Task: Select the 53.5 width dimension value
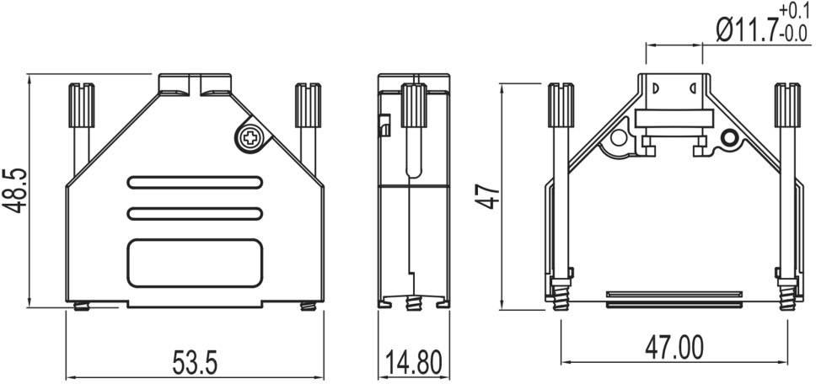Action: (195, 364)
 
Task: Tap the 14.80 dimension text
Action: (413, 364)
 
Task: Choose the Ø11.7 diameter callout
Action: (745, 31)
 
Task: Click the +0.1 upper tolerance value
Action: (794, 10)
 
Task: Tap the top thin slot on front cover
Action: (195, 181)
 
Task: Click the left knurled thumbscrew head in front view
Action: (80, 104)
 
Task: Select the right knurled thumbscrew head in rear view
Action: (786, 104)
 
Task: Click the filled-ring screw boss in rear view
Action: (729, 138)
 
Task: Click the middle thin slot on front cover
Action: (195, 214)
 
